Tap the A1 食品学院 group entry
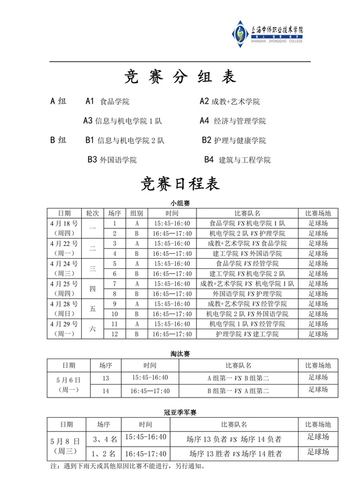point(107,102)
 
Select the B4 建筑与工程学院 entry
point(237,160)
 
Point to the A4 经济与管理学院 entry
point(233,121)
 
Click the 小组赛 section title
point(180,202)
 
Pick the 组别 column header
point(136,213)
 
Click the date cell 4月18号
point(64,223)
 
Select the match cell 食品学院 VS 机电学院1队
point(247,223)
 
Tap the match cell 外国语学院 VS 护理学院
point(247,294)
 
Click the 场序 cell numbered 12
point(114,334)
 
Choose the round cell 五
point(93,308)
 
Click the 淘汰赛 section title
point(180,354)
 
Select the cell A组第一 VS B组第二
point(238,378)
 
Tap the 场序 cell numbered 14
point(105,390)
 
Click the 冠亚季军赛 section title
point(180,413)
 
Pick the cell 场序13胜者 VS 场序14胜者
point(235,453)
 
